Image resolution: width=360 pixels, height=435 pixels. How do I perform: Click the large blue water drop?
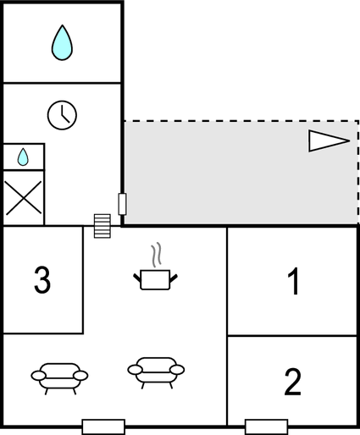(x=62, y=44)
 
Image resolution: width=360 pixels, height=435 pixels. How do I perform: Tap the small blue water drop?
(x=23, y=157)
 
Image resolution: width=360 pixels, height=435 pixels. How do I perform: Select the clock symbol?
(x=62, y=115)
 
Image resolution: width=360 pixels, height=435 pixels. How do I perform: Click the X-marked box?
(x=24, y=198)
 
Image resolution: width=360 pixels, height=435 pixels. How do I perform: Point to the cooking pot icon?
(x=155, y=279)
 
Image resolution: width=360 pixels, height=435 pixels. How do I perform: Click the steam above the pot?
(x=156, y=255)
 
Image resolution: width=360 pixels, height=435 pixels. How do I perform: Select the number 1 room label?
(x=294, y=281)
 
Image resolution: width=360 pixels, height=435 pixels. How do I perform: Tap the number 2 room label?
(x=293, y=382)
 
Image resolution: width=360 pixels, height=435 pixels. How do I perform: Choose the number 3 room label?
(x=42, y=280)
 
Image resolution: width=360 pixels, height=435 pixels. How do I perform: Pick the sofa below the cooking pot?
(x=156, y=372)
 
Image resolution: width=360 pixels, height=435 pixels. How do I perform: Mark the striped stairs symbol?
(x=102, y=226)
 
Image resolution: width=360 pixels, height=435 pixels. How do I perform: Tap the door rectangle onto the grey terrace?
(x=122, y=204)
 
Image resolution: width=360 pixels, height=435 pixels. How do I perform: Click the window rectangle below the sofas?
(x=103, y=427)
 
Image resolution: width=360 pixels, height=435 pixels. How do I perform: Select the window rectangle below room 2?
(x=267, y=427)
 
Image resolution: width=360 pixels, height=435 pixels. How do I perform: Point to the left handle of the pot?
(x=137, y=278)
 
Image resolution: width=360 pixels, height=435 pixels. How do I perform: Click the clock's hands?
(x=64, y=114)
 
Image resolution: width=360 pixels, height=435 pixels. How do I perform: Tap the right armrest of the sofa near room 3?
(x=80, y=376)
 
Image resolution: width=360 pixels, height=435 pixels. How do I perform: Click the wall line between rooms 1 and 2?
(x=292, y=336)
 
